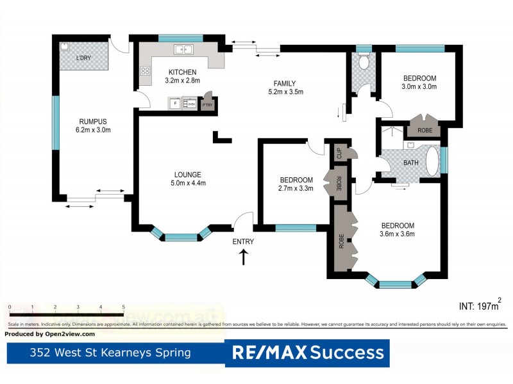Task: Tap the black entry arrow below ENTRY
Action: point(244,257)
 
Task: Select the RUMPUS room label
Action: point(92,121)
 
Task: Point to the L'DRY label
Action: point(83,58)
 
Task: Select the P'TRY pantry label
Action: point(207,105)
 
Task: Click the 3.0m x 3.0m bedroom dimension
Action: point(419,86)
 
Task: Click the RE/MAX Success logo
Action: point(308,353)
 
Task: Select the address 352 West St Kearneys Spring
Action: point(111,353)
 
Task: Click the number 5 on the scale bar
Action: point(123,307)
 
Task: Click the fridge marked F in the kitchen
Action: point(174,103)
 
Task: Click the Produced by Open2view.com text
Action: point(50,334)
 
